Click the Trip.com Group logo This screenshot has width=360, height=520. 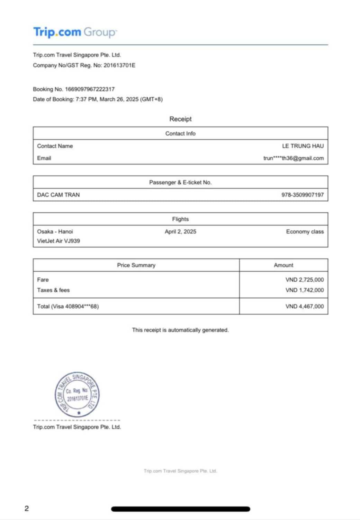(75, 32)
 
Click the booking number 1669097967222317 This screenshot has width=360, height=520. (90, 89)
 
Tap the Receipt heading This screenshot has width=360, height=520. (180, 119)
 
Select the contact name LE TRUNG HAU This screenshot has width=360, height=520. (303, 146)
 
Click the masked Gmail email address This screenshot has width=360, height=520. (294, 158)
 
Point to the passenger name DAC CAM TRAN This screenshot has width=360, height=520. (58, 195)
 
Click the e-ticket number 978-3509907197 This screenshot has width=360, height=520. (303, 195)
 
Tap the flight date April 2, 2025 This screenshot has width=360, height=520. (180, 231)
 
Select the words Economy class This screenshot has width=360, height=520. (305, 231)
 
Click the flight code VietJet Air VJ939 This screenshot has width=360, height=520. (58, 241)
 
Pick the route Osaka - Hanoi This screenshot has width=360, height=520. (55, 231)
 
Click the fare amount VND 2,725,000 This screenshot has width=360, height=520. (305, 280)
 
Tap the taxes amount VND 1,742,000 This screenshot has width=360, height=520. (305, 290)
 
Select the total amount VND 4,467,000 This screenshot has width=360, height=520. (305, 306)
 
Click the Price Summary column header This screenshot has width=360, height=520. (136, 265)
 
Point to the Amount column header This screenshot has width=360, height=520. (283, 265)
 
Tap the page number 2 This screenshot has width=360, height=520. (27, 508)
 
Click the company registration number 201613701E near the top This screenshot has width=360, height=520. (119, 65)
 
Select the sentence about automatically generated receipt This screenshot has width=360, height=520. (180, 330)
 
